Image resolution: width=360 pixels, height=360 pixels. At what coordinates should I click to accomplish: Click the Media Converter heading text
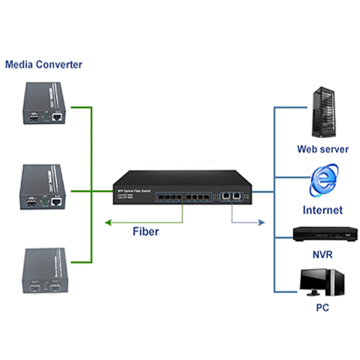[44, 65]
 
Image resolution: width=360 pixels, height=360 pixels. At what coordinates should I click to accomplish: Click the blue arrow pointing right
[244, 219]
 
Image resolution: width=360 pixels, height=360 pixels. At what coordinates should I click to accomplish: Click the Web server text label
[323, 150]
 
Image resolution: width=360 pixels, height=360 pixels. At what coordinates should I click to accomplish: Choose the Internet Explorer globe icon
[323, 183]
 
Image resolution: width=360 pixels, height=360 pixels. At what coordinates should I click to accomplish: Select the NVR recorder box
[323, 234]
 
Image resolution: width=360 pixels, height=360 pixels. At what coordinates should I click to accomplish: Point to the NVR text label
[323, 255]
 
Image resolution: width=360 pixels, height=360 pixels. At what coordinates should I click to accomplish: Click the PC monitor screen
[315, 279]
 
